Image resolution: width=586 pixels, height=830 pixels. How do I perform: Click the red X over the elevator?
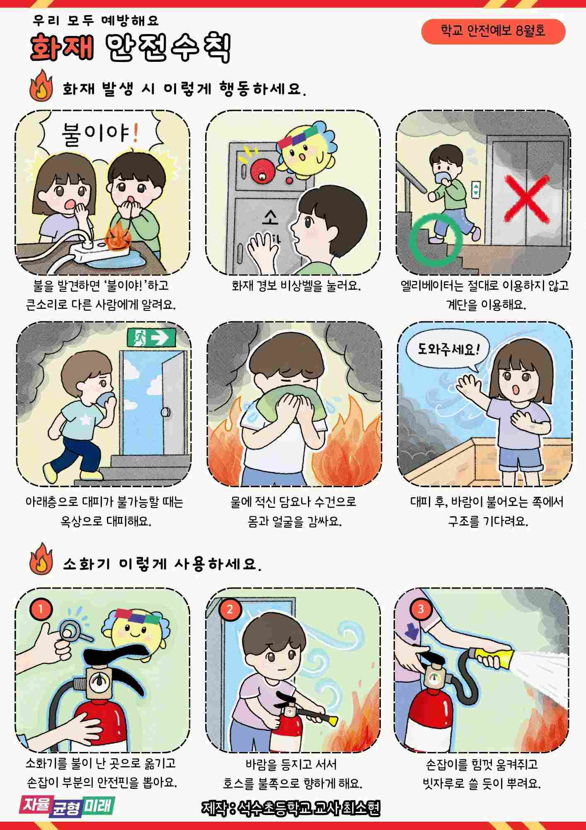tap(527, 198)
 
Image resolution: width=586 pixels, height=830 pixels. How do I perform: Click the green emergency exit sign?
tap(151, 338)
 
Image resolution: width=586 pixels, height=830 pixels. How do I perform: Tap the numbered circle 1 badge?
tap(41, 609)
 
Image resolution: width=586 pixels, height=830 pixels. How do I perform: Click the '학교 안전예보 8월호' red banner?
tap(493, 31)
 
